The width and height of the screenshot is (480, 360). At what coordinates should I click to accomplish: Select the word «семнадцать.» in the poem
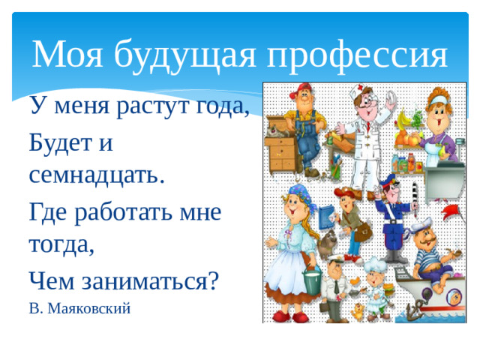96,176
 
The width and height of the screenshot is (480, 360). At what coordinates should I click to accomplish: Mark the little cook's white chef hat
373,263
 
